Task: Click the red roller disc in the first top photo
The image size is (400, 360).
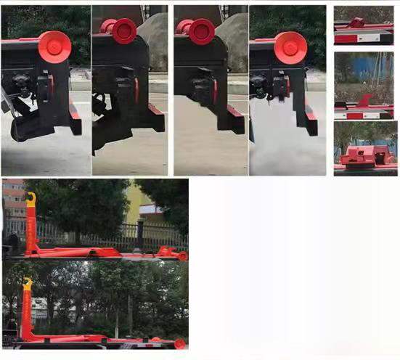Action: (54, 46)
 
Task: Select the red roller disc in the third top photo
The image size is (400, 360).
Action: (200, 30)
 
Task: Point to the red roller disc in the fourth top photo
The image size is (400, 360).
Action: (290, 46)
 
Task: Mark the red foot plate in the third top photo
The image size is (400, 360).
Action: (235, 118)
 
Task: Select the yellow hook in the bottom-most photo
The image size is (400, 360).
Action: (27, 283)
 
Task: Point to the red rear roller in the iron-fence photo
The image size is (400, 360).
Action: (181, 255)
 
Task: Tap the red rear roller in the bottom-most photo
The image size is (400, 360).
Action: (179, 343)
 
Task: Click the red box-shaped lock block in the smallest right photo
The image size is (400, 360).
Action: (366, 155)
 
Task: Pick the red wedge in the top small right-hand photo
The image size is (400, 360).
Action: (356, 22)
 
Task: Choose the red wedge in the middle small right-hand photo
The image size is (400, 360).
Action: (365, 100)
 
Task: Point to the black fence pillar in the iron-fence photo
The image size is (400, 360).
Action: (139, 236)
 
